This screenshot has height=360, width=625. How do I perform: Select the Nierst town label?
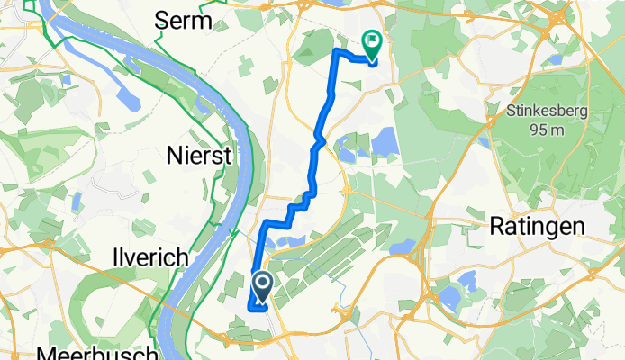pyautogui.click(x=199, y=156)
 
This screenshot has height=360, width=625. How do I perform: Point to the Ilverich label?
pyautogui.click(x=150, y=258)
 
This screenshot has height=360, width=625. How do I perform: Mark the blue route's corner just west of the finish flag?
pyautogui.click(x=338, y=51)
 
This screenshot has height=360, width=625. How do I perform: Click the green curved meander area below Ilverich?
pyautogui.click(x=99, y=288)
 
